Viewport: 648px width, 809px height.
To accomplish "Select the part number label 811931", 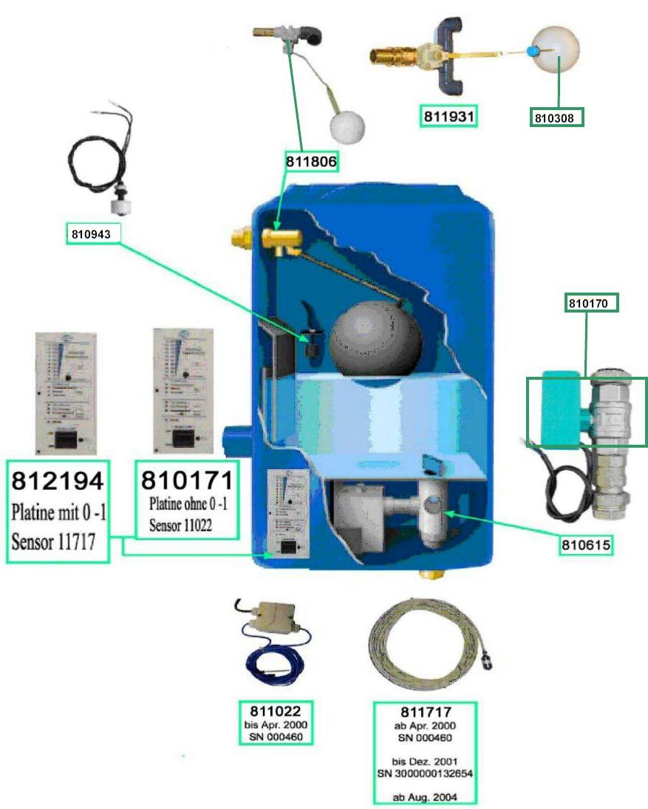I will (447, 116).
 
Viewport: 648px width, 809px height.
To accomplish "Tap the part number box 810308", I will (557, 117).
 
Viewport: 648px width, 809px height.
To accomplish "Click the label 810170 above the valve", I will (591, 303).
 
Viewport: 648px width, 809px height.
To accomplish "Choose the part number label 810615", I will (588, 546).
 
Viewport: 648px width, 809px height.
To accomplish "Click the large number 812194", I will (58, 481).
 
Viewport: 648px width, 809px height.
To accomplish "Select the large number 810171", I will (187, 481).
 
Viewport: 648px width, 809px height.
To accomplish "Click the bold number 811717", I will (425, 713).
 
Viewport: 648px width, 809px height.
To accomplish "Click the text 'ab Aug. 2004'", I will (425, 796).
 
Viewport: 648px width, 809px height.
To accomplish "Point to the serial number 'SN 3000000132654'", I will (425, 773).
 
